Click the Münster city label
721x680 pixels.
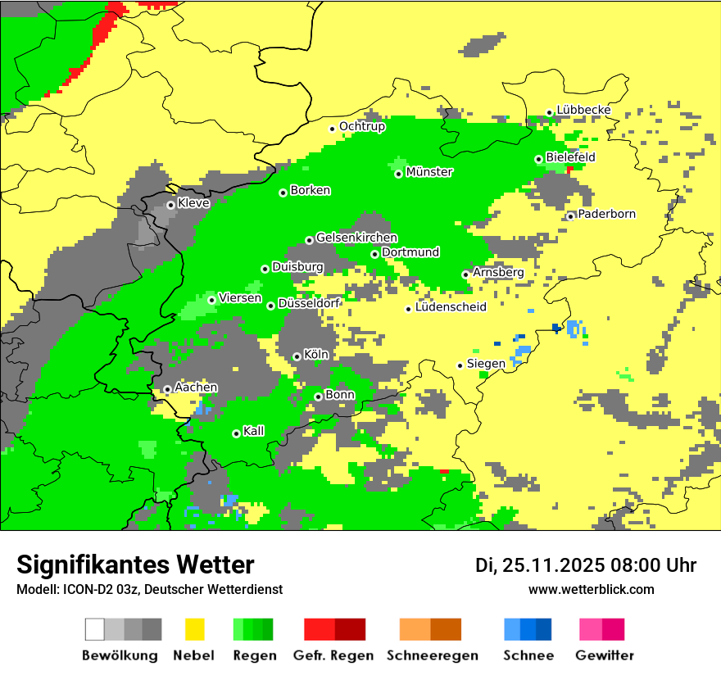click(429, 172)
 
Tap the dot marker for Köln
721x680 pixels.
click(297, 356)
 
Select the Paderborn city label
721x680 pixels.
click(606, 214)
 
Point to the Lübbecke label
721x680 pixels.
click(583, 110)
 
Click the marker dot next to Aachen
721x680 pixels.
click(167, 389)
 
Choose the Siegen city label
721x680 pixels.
click(486, 363)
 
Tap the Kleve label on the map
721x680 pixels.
click(193, 203)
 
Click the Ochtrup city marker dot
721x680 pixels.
click(332, 128)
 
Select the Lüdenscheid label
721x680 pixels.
click(451, 307)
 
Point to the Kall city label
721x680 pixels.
click(253, 431)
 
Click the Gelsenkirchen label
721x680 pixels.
click(356, 238)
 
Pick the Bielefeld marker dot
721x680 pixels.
click(538, 159)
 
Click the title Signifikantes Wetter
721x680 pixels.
click(135, 564)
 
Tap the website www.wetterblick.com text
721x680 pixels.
click(591, 589)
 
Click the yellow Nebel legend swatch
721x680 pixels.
click(194, 629)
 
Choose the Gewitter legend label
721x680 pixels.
click(605, 655)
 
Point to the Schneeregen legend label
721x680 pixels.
click(433, 655)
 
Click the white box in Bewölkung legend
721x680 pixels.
click(94, 629)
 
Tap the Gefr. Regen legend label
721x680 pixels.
click(333, 655)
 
